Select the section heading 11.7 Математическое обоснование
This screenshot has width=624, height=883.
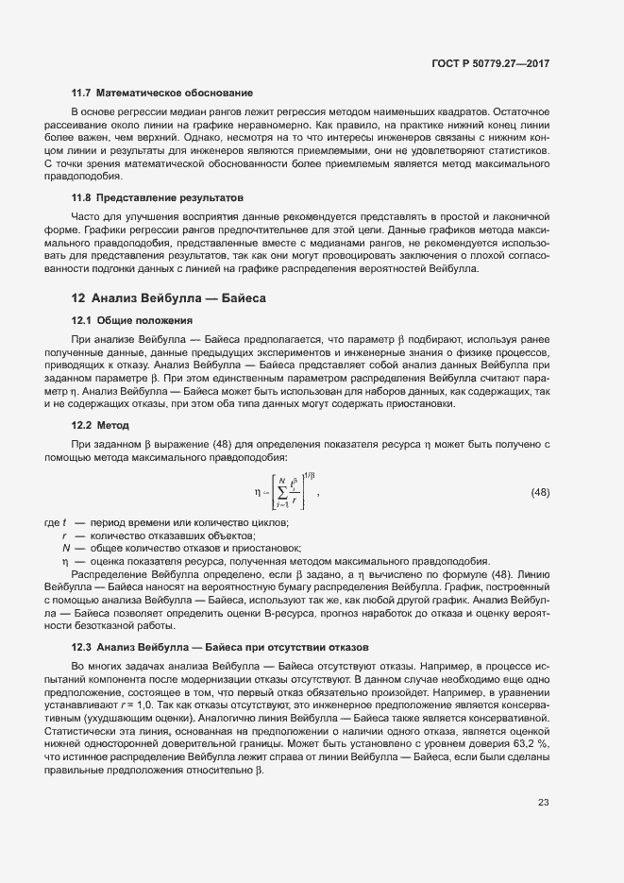(x=161, y=93)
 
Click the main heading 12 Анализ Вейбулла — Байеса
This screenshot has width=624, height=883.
(x=169, y=297)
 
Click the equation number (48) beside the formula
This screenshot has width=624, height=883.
(x=540, y=492)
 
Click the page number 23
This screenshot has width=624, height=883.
(x=543, y=802)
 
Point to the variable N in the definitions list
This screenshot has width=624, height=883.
(x=66, y=549)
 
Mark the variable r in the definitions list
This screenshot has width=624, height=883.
(x=65, y=535)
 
